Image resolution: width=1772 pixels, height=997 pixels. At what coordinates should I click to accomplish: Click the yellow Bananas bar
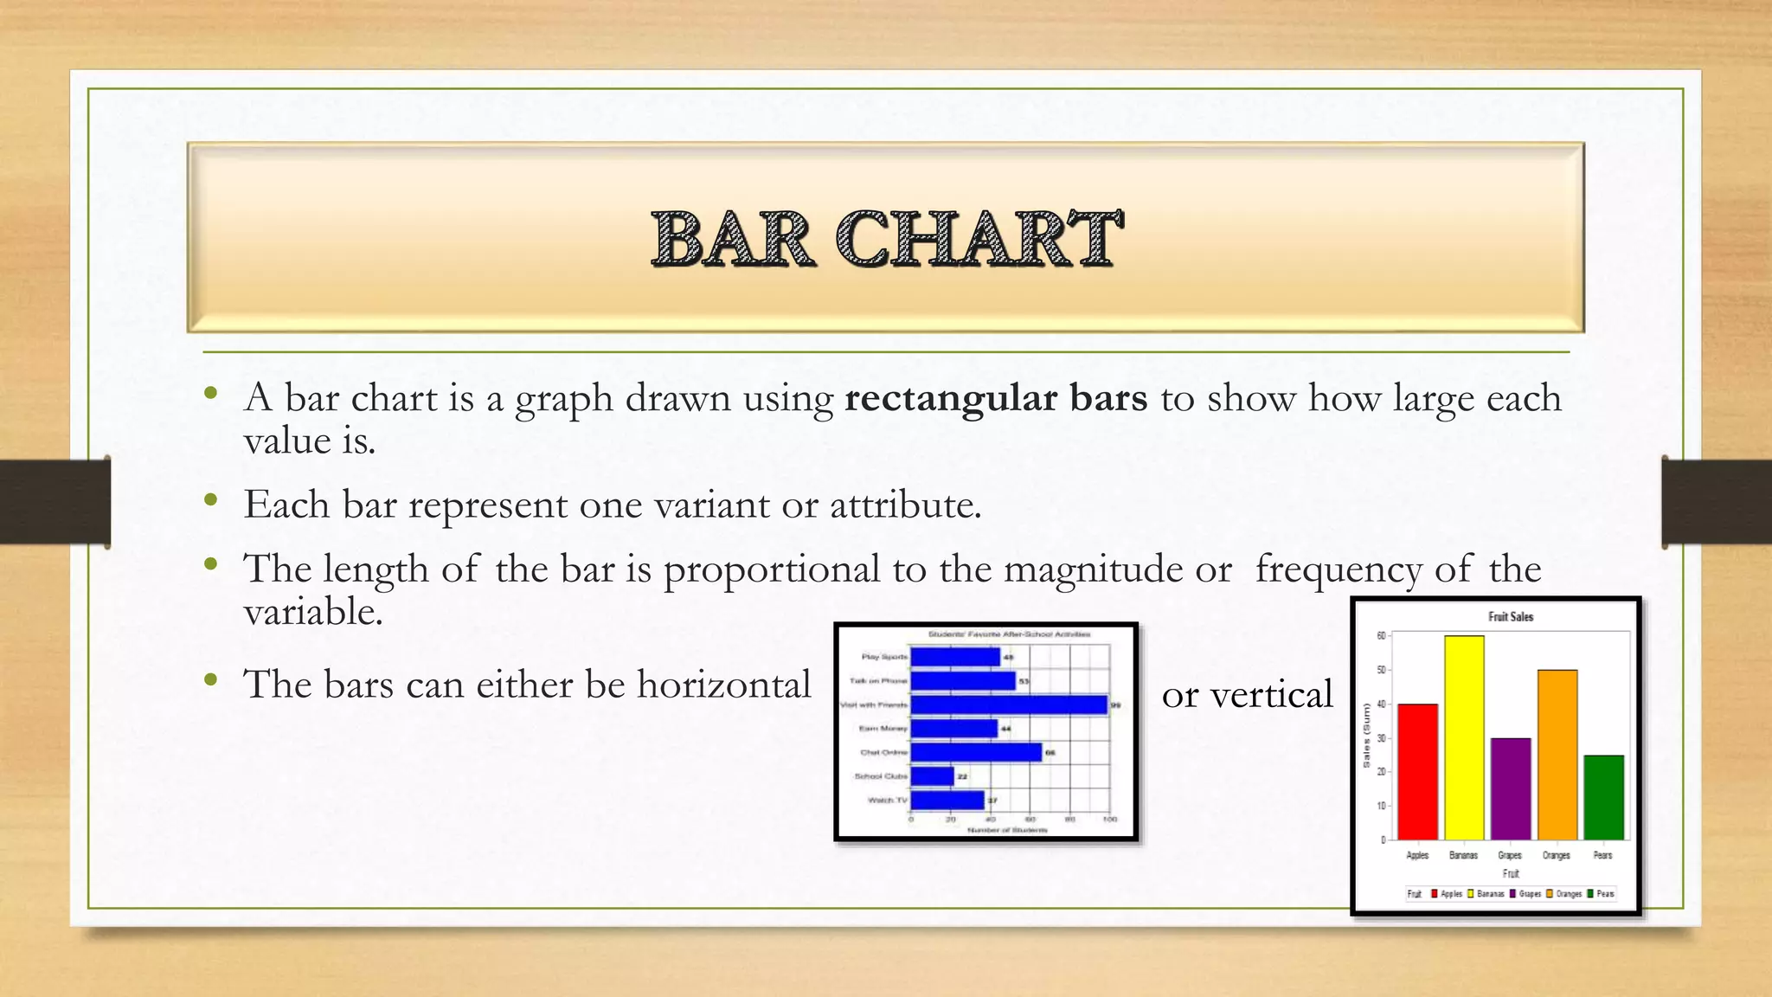[1464, 737]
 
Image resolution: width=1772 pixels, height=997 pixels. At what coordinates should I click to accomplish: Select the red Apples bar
[1417, 771]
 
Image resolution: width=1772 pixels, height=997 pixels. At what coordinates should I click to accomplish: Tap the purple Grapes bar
[1510, 788]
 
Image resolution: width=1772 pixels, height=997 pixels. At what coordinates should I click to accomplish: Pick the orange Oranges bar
[1557, 755]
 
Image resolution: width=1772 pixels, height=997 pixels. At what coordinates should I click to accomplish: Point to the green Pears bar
[1603, 797]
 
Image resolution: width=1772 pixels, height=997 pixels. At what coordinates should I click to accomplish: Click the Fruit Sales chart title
[1511, 617]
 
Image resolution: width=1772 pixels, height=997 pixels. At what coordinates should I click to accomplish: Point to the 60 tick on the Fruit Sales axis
[1381, 636]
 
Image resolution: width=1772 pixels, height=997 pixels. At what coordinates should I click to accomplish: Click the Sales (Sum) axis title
[1366, 736]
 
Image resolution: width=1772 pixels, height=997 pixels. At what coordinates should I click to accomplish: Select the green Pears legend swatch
[1590, 894]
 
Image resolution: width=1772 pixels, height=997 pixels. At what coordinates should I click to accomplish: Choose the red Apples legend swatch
[1435, 894]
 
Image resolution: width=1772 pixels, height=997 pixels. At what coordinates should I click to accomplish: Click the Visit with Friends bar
[1009, 704]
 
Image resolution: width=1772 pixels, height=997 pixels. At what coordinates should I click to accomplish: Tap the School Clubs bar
[932, 776]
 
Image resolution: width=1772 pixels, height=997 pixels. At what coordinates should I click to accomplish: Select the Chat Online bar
[976, 752]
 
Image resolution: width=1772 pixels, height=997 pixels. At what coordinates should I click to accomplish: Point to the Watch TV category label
[888, 800]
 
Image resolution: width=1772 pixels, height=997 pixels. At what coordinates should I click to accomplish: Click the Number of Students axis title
[1007, 830]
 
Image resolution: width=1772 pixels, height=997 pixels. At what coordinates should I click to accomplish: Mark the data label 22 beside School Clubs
[962, 776]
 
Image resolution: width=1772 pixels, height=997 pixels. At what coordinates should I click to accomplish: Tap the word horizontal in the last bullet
[724, 685]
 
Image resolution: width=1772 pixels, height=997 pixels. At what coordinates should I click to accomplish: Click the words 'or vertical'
[1247, 694]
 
